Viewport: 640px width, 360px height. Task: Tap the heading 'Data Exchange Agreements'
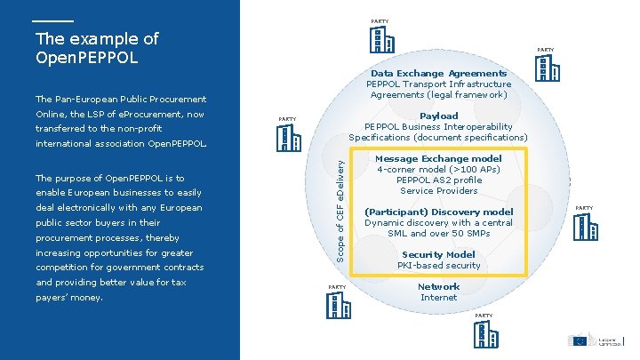click(438, 73)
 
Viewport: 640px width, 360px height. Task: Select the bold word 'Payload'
click(438, 116)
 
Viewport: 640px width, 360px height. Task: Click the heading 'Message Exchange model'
click(439, 159)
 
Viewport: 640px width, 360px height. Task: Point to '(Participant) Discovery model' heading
click(439, 212)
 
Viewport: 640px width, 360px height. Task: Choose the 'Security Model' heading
click(438, 254)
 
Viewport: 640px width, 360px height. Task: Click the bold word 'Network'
click(438, 286)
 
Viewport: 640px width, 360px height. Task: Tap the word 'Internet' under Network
click(438, 298)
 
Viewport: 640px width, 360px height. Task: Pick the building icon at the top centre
click(380, 40)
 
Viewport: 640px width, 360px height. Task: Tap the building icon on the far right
click(583, 227)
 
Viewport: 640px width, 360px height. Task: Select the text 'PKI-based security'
click(438, 266)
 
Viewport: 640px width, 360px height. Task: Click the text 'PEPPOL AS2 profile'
click(439, 180)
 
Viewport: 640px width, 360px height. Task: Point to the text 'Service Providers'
click(439, 191)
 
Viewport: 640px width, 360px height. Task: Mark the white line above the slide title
click(54, 20)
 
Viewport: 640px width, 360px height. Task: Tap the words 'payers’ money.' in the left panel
click(69, 298)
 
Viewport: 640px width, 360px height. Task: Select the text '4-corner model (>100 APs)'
click(439, 170)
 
